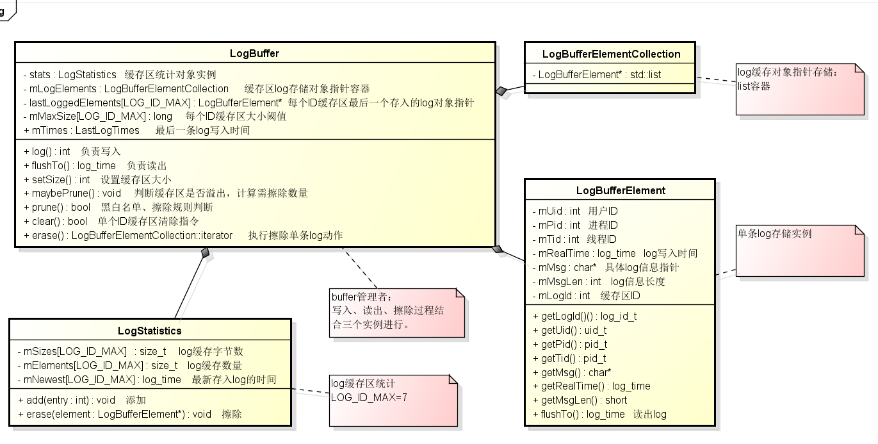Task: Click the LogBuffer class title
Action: [x=254, y=53]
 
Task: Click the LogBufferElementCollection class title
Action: [x=611, y=54]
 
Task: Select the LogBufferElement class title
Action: [x=620, y=190]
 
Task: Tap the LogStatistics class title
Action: [x=149, y=331]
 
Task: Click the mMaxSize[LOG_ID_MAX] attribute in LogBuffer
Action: [x=97, y=117]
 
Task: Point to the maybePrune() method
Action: [x=72, y=193]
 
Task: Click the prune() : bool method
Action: [x=57, y=208]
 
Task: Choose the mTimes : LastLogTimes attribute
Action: [x=81, y=131]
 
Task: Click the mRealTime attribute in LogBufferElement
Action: [x=583, y=253]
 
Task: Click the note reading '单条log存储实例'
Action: [x=774, y=234]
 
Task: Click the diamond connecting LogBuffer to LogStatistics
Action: [x=205, y=253]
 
